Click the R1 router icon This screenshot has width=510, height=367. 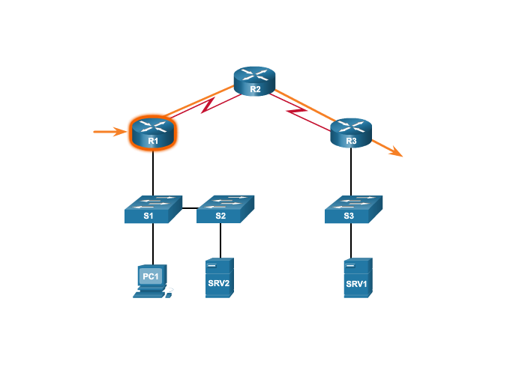pyautogui.click(x=153, y=133)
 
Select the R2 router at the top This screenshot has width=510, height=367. pyautogui.click(x=255, y=81)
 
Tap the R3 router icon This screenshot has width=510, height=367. pyautogui.click(x=351, y=133)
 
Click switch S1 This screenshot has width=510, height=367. pyautogui.click(x=153, y=209)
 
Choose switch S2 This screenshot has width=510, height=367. pyautogui.click(x=226, y=209)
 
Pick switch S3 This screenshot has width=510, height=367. pyautogui.click(x=353, y=209)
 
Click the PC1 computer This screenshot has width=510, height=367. pyautogui.click(x=153, y=282)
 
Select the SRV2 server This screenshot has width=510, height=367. pyautogui.click(x=220, y=278)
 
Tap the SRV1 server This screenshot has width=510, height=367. pyautogui.click(x=358, y=278)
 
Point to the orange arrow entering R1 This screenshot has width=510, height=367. pyautogui.click(x=110, y=132)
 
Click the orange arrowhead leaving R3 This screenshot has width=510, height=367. pyautogui.click(x=396, y=152)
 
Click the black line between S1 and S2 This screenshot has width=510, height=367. pyautogui.click(x=190, y=208)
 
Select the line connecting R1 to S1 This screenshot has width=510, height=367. pyautogui.click(x=153, y=173)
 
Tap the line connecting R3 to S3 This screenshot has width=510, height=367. pyautogui.click(x=351, y=172)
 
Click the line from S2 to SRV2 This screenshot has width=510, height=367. pyautogui.click(x=220, y=240)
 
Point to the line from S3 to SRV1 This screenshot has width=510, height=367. pyautogui.click(x=351, y=240)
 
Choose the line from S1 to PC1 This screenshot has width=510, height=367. pyautogui.click(x=153, y=244)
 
